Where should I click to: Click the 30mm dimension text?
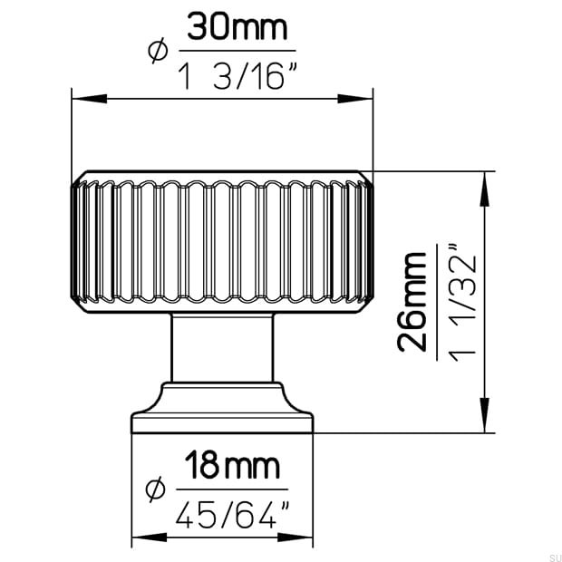click(x=237, y=26)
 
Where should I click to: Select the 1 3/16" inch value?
click(x=237, y=75)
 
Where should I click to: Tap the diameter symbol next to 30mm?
click(x=158, y=51)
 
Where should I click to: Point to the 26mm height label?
click(x=412, y=302)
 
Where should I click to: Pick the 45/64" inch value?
click(x=232, y=515)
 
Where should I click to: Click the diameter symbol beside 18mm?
click(x=156, y=489)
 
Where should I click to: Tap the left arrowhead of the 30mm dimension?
click(x=89, y=99)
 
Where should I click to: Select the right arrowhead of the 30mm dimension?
click(x=355, y=99)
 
